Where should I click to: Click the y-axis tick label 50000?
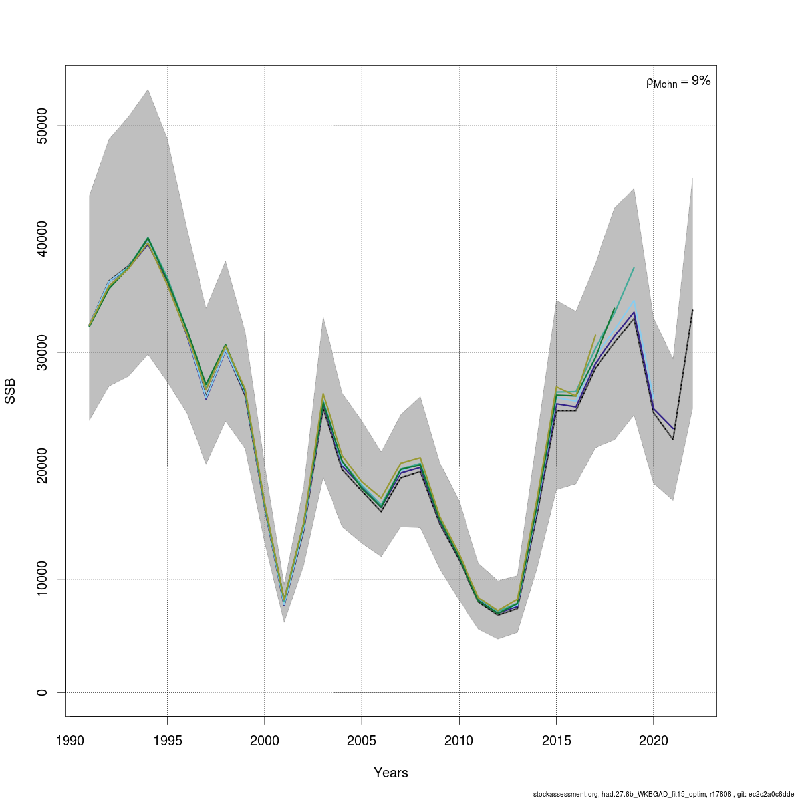41,126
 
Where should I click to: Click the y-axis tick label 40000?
41,239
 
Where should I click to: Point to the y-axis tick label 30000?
41,352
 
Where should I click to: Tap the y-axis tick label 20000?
41,465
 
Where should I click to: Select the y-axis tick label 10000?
41,579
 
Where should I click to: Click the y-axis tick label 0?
41,692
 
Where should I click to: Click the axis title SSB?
11,391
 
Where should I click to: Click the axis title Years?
391,773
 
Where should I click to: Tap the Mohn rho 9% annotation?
678,82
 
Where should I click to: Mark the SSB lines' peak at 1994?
148,239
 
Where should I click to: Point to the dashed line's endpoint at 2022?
692,310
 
